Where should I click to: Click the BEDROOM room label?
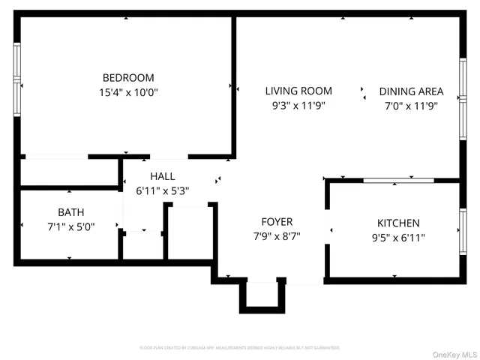point(128,78)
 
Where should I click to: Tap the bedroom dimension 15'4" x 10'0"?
point(128,93)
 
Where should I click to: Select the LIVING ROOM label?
point(298,91)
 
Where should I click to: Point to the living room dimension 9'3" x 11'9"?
point(298,106)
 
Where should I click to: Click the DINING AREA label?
point(411,91)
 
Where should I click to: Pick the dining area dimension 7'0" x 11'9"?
point(411,106)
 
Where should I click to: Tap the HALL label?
point(162,176)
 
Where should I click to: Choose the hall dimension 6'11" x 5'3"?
point(162,191)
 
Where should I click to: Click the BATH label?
point(72,212)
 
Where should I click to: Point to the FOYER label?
point(277,222)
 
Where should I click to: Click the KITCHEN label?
point(397,223)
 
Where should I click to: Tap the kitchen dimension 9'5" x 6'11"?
point(397,238)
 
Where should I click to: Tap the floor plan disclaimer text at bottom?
point(240,348)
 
